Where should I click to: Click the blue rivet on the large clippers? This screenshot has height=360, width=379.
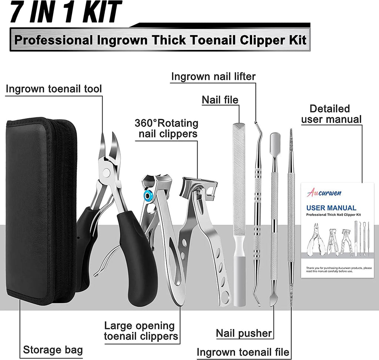[x=148, y=195]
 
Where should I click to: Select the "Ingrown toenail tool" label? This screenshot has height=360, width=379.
[x=54, y=89]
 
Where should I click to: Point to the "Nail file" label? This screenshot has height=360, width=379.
[x=220, y=100]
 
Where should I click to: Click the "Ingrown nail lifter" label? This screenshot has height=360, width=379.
[x=214, y=77]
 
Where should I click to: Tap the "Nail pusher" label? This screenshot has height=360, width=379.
[x=244, y=333]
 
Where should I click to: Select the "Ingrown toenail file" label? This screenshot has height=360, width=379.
[x=243, y=352]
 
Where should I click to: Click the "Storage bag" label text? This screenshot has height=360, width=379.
[x=53, y=350]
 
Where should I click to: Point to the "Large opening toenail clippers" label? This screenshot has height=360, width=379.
[x=139, y=331]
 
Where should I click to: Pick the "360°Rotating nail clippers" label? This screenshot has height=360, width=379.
[x=167, y=128]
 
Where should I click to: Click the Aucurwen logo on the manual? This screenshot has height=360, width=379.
[x=324, y=193]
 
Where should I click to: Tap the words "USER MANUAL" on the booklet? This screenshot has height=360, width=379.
[x=332, y=208]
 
